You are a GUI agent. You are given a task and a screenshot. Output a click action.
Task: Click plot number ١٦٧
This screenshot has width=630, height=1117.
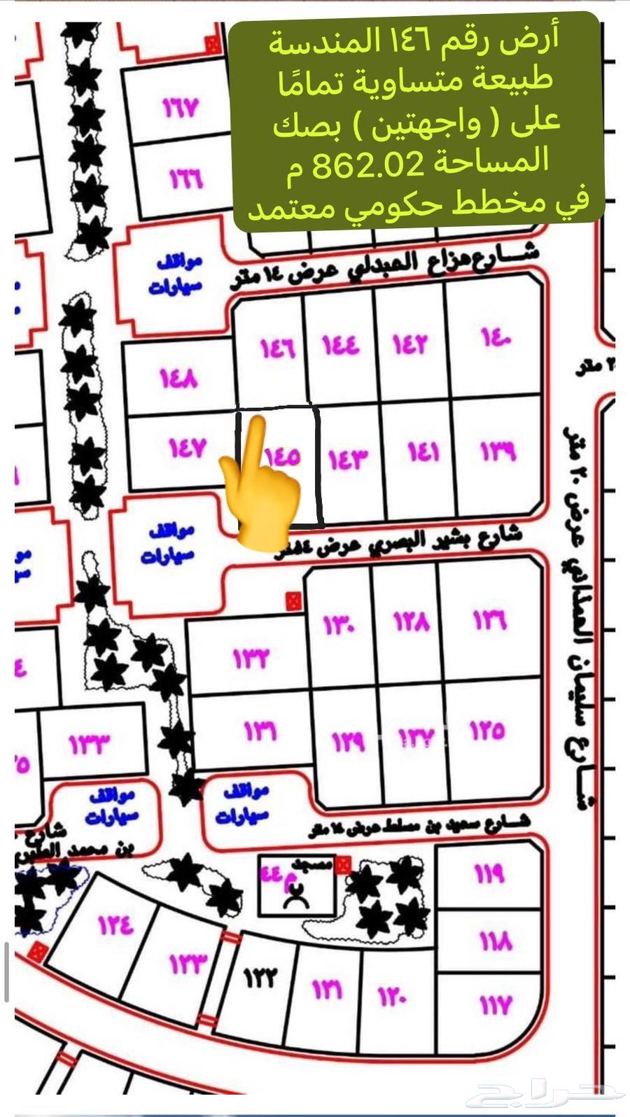[x=181, y=108]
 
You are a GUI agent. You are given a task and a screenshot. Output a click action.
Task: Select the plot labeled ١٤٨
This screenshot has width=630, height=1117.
[x=178, y=379]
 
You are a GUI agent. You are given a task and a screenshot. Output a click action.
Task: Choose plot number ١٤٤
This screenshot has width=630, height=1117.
[x=340, y=345]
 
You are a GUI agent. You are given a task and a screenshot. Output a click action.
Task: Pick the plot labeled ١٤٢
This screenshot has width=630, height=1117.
[x=409, y=345]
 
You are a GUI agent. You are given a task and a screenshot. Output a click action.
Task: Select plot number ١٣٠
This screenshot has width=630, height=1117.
[x=339, y=622]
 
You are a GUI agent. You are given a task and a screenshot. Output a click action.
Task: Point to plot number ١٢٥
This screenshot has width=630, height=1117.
[x=487, y=731]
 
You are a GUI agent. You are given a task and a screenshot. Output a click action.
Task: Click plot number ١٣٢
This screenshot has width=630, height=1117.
[x=251, y=658]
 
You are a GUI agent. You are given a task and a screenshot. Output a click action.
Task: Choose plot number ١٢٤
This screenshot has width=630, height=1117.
[x=115, y=925]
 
